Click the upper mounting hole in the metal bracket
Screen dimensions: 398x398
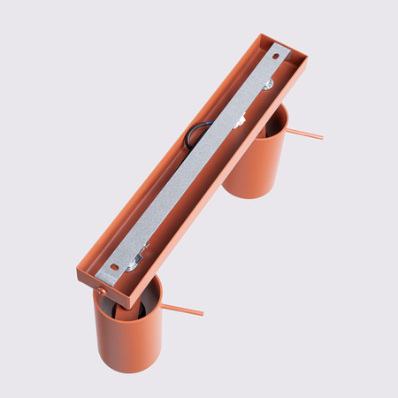pos(275,57)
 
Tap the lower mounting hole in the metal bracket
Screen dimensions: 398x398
pos(114,265)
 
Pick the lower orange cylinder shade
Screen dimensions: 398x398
pos(128,336)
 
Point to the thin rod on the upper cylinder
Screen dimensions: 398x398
pos(304,134)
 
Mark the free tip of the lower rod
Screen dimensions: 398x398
pos(202,313)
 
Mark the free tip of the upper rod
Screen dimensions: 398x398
pos(321,138)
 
